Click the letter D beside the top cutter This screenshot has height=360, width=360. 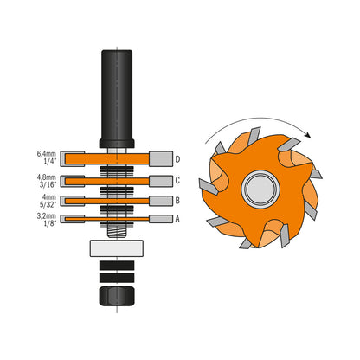point(177,159)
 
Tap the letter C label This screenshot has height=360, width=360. point(177,181)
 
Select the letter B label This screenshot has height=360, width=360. point(177,201)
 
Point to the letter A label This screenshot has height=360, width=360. point(177,218)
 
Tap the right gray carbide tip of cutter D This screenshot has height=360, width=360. point(160,158)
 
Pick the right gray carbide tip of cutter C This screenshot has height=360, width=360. point(160,181)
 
